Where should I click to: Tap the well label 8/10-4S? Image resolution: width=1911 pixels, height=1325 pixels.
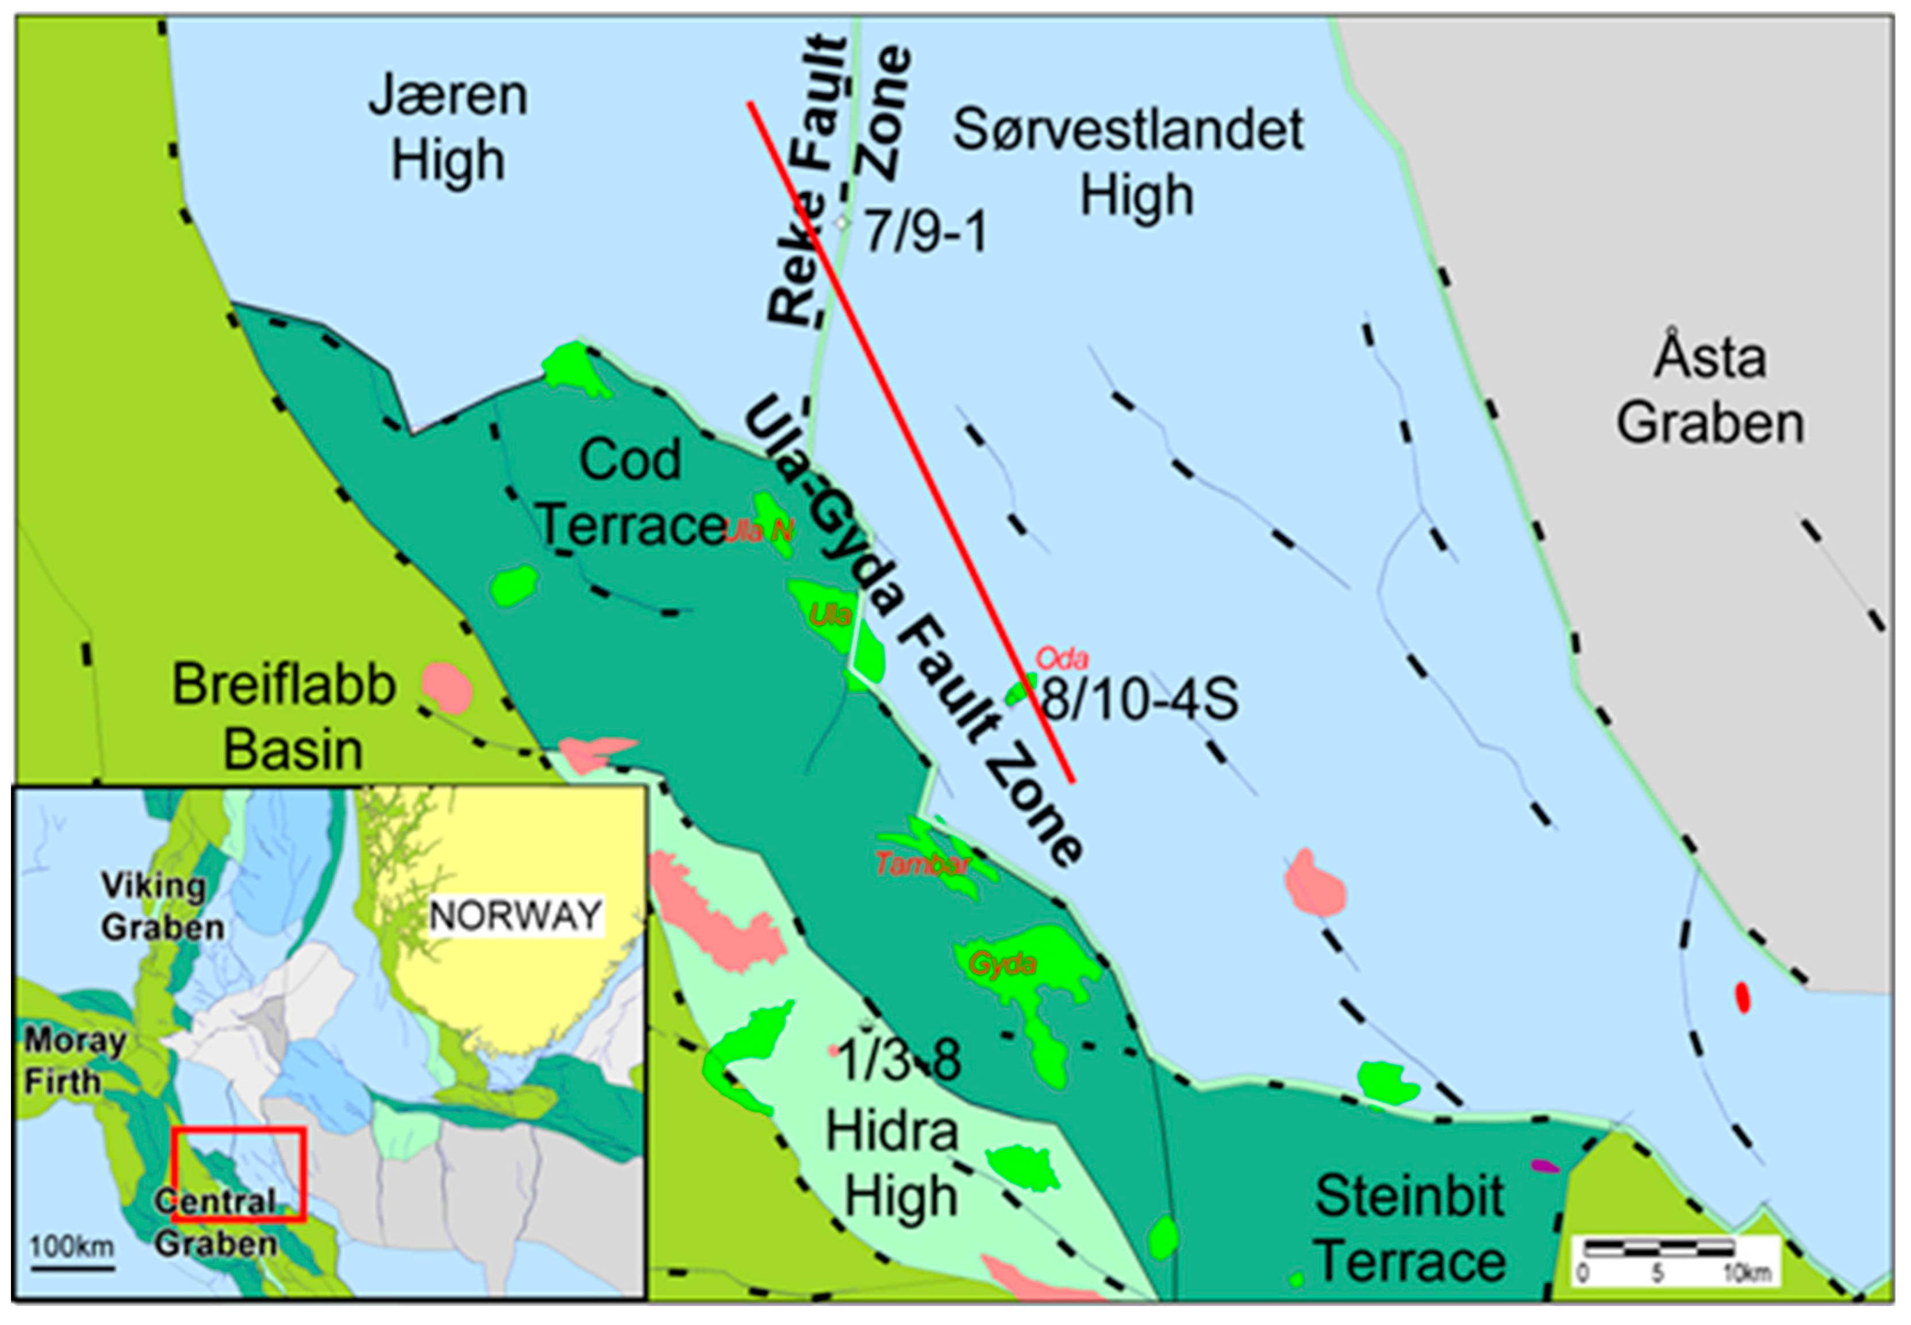tap(1139, 698)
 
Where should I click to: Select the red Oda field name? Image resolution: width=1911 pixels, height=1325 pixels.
tap(1062, 658)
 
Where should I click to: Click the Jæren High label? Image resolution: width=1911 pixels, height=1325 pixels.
tap(448, 127)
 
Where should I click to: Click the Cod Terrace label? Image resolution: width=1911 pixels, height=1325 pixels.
tap(631, 492)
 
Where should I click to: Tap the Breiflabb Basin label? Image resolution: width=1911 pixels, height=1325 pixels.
tap(284, 716)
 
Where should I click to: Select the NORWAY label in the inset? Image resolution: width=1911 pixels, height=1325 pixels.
tap(516, 916)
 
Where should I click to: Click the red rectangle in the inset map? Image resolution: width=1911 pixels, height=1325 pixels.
tap(239, 1174)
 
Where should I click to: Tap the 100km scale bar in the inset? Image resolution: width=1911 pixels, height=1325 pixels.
tap(72, 1268)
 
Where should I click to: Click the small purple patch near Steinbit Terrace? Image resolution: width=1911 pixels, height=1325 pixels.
tap(1544, 1166)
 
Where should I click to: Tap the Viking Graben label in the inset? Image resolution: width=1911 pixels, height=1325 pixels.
tap(162, 907)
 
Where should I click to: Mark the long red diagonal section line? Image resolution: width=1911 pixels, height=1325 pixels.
tap(911, 441)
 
